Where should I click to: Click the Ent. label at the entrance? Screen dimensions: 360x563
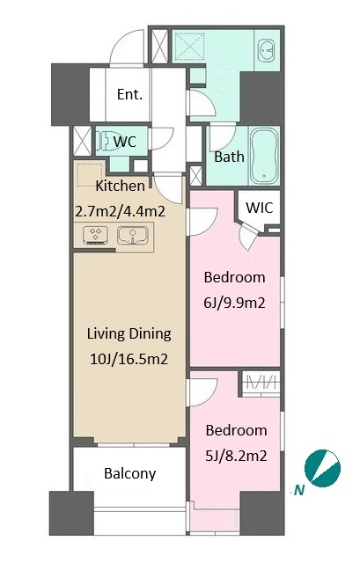[x=129, y=94]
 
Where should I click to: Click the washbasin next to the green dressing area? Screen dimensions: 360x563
[x=266, y=51]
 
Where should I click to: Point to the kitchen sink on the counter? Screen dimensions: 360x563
[x=133, y=236]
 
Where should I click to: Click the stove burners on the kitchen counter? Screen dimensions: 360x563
[x=96, y=235]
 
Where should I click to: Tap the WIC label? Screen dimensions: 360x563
[x=260, y=208]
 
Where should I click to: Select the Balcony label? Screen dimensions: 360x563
[x=129, y=473]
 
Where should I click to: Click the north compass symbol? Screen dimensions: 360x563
[x=322, y=468]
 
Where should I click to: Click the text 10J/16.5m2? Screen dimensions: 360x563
[x=129, y=359]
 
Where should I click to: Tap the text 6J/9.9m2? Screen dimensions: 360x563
[x=234, y=303]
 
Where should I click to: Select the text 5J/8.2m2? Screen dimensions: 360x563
[x=236, y=456]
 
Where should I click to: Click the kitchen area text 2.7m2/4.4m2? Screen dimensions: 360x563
[x=121, y=211]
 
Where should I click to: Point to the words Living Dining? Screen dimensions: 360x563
[x=129, y=334]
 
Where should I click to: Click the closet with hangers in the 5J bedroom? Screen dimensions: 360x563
[x=261, y=384]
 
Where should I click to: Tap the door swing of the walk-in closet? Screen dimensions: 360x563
[x=248, y=235]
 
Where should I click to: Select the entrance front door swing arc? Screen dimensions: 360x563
[x=127, y=47]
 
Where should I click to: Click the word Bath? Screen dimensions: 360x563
[x=229, y=157]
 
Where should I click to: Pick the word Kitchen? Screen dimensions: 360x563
[x=121, y=186]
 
